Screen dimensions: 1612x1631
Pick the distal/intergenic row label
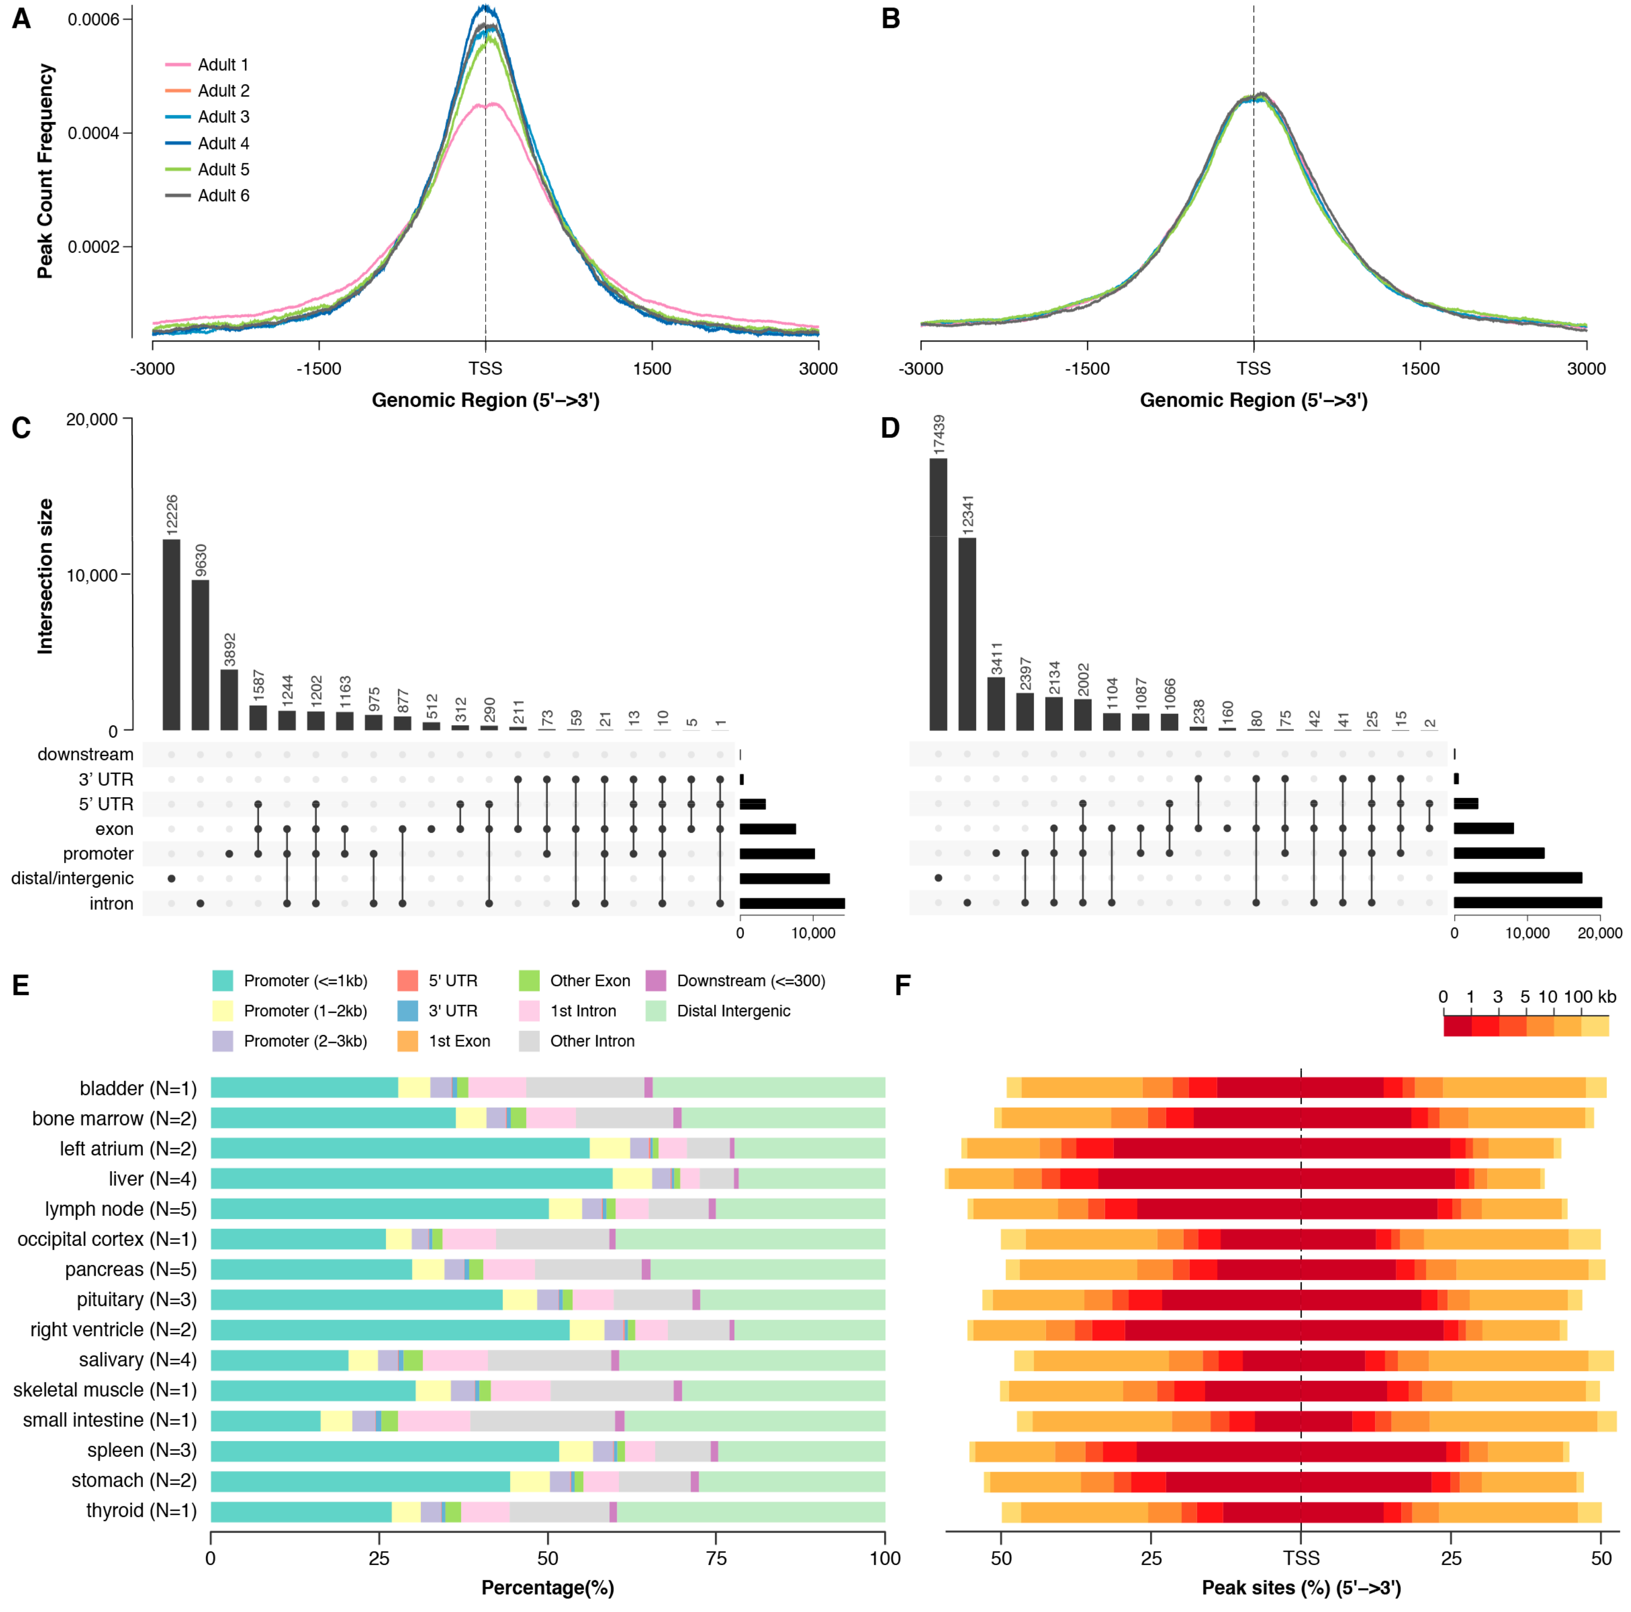(73, 879)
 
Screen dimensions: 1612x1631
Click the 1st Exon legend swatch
(408, 1041)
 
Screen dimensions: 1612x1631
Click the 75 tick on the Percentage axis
(716, 1558)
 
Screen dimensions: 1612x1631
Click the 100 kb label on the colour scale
(1590, 997)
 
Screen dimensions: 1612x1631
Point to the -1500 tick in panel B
(1087, 369)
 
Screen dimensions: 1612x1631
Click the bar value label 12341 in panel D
(968, 512)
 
